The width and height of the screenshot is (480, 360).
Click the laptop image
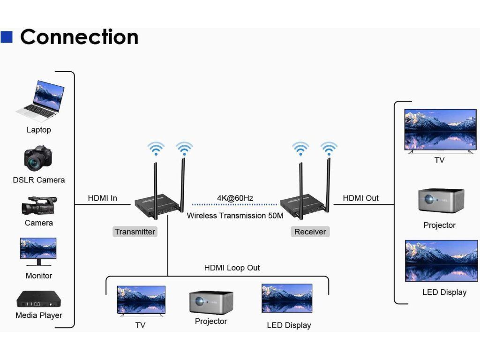[40, 101]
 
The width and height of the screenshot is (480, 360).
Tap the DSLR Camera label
[39, 180]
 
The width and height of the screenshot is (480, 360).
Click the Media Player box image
[39, 299]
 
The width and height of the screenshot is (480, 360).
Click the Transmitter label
[135, 232]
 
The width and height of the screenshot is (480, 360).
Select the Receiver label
[310, 232]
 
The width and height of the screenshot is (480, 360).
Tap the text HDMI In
[103, 198]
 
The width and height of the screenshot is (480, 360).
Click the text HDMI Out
[361, 198]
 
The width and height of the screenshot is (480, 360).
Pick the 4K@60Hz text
[235, 198]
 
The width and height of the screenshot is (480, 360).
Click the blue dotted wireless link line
[234, 205]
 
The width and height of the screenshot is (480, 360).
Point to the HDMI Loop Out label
[232, 268]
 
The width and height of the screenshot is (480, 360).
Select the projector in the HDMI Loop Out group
[211, 303]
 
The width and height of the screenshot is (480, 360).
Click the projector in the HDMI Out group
[441, 201]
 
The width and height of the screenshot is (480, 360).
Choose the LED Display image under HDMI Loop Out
[287, 298]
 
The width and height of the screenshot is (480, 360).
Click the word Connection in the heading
[80, 37]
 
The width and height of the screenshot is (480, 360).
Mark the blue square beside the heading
[7, 37]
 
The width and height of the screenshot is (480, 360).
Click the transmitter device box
[157, 206]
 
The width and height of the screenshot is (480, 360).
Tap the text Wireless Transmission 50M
[235, 216]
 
